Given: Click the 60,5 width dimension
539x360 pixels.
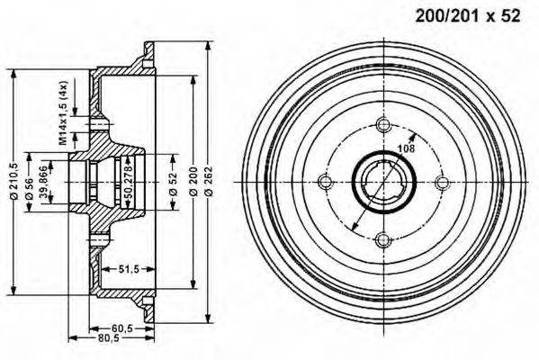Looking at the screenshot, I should [125, 328].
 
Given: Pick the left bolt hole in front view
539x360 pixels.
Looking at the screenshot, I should [327, 182].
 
